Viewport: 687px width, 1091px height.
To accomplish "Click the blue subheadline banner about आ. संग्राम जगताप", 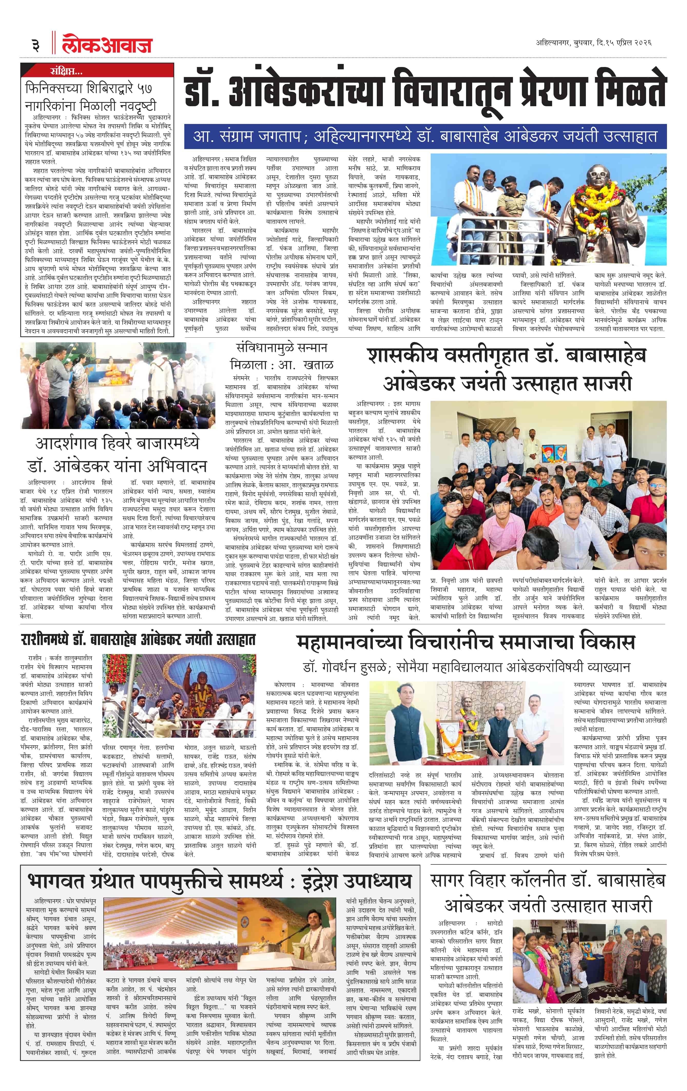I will [425, 137].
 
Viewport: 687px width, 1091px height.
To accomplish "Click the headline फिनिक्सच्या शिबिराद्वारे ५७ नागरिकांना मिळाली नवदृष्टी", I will [91, 96].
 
